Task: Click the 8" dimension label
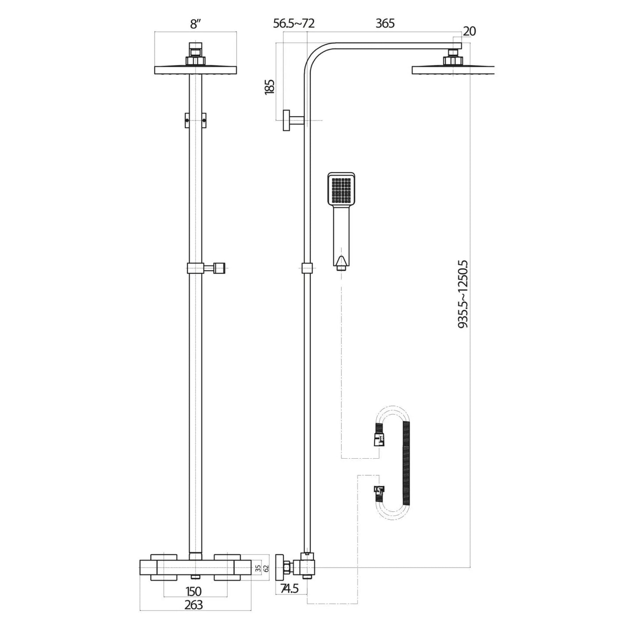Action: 195,25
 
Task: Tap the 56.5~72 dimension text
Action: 294,24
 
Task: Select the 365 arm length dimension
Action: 385,24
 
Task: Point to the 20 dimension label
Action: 469,31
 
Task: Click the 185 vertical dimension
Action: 270,86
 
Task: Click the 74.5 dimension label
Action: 289,588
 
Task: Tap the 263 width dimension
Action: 194,605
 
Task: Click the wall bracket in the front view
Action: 195,120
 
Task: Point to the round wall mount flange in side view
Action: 286,120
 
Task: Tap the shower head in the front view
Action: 195,70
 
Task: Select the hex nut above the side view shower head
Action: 453,60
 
